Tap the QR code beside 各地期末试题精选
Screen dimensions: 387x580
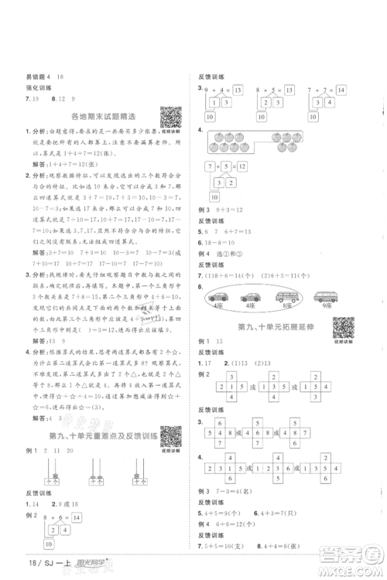tap(170, 115)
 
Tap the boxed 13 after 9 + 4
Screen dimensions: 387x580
tap(238, 91)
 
